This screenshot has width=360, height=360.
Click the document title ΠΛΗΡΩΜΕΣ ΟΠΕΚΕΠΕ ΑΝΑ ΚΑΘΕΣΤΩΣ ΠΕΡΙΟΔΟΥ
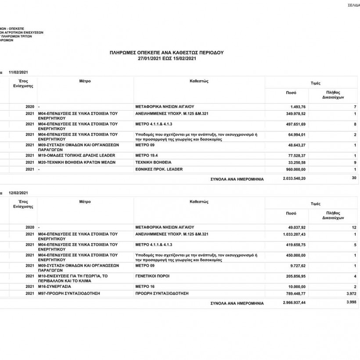click(x=166, y=52)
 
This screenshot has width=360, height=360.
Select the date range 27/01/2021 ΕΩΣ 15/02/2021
click(x=166, y=58)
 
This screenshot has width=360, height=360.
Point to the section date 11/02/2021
click(x=18, y=72)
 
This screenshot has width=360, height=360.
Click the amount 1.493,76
click(x=298, y=107)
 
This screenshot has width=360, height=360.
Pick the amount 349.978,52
click(x=295, y=114)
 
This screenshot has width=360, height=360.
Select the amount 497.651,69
click(x=295, y=124)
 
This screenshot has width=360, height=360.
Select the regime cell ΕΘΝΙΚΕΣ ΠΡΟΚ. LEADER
click(x=159, y=169)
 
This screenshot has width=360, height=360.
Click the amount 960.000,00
click(x=295, y=169)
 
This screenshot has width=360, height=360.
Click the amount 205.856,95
click(x=295, y=276)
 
